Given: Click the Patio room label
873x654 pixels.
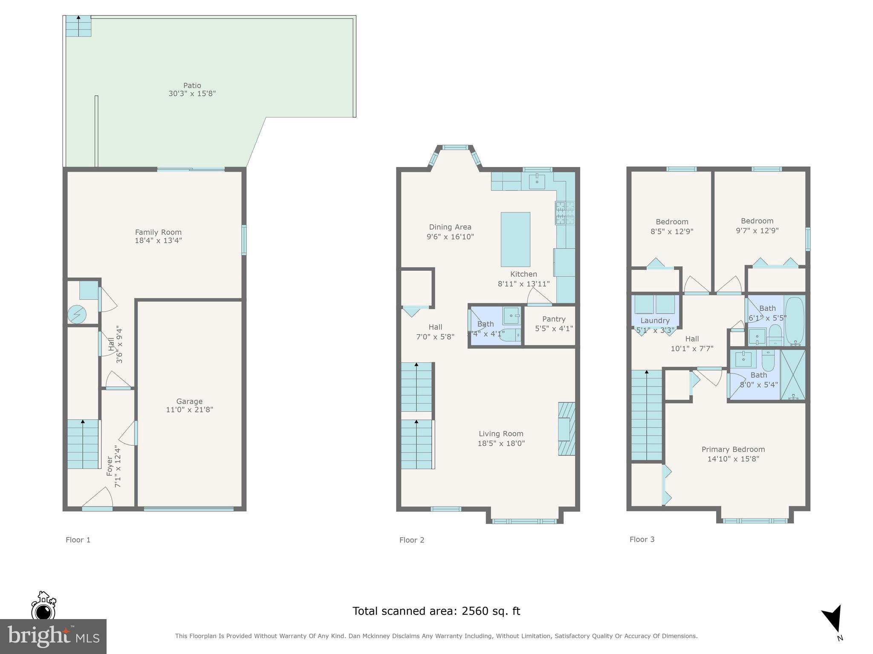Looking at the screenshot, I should click(192, 86).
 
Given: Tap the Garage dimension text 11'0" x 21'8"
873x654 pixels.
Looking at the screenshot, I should click(189, 410).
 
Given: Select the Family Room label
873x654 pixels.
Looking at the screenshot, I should click(158, 232).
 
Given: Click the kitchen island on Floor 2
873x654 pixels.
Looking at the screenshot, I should click(515, 239).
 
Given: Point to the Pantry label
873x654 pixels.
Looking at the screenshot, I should click(554, 319).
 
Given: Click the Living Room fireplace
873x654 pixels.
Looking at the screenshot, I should click(566, 429).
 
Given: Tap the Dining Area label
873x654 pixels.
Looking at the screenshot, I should click(450, 227).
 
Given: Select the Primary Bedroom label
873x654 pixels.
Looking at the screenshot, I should click(733, 449).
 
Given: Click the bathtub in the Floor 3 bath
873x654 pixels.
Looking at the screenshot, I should click(794, 320).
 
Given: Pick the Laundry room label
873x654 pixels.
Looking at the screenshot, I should click(655, 321).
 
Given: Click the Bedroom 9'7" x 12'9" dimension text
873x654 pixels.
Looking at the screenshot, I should click(757, 230).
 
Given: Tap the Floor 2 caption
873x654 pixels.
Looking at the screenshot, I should click(412, 540).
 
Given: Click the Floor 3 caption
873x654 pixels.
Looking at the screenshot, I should click(642, 539).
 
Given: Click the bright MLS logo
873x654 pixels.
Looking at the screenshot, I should click(53, 636).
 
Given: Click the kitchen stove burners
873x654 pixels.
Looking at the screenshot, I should click(565, 213).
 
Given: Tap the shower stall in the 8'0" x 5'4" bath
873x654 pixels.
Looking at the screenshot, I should click(793, 375).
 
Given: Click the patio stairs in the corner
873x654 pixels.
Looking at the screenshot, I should click(78, 26).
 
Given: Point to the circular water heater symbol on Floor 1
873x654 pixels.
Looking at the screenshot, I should click(77, 315).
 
